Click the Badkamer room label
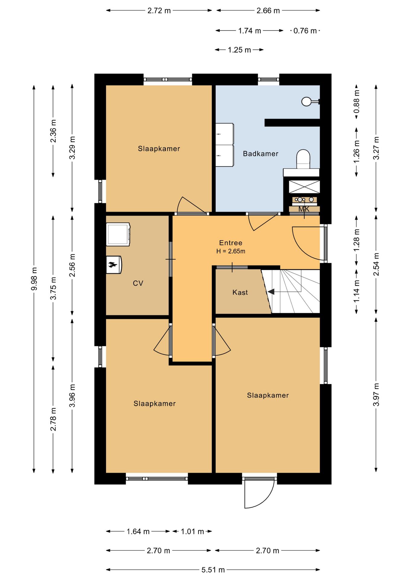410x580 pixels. click(261, 154)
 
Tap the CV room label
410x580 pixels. click(138, 283)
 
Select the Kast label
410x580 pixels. click(240, 292)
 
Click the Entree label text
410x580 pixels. click(231, 243)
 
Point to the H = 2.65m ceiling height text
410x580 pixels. click(231, 251)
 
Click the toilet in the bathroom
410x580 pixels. click(303, 159)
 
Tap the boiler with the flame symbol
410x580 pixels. click(114, 265)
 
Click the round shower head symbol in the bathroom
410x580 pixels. click(306, 101)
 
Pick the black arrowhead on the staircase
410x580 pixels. click(271, 292)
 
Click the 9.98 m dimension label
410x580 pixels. click(34, 279)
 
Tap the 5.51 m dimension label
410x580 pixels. click(213, 570)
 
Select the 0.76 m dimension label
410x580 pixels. click(305, 31)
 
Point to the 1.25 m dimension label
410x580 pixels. click(239, 50)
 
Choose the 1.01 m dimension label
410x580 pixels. click(192, 531)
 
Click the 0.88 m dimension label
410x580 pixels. click(357, 101)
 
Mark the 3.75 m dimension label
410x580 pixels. click(53, 288)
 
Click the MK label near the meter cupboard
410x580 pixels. click(304, 209)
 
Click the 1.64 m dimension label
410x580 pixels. click(138, 531)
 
